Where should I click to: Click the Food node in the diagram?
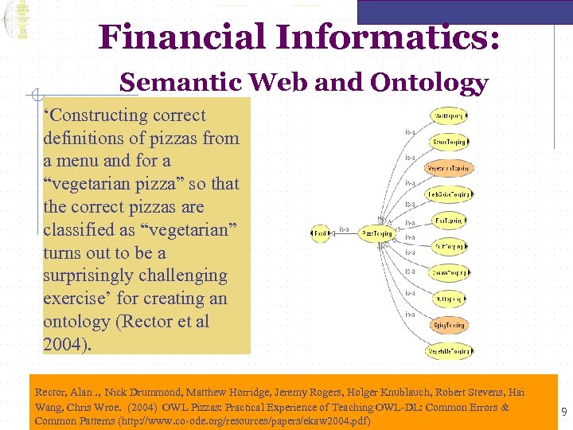coord(320,233)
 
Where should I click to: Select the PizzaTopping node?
coord(376,233)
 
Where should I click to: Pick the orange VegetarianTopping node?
coord(449,168)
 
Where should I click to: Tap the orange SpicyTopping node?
coord(449,325)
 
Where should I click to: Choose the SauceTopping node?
coord(449,142)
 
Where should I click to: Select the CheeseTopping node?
coord(449,272)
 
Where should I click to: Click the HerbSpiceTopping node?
coord(449,194)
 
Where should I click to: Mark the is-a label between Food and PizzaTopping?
coord(345,230)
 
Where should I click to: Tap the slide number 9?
coord(564,412)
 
